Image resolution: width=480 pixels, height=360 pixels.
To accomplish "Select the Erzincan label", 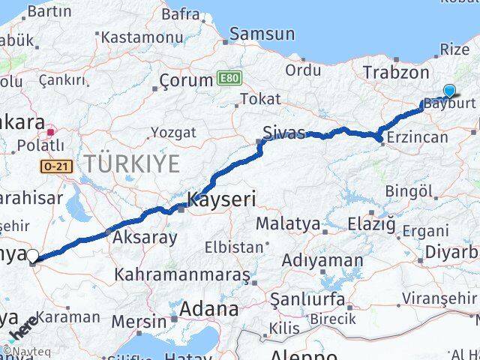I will click(415, 137).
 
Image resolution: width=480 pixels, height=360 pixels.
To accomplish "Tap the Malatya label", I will click(287, 223).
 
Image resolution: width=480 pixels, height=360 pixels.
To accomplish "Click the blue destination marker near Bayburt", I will click(448, 91).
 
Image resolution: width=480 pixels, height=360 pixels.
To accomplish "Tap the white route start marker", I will click(32, 256).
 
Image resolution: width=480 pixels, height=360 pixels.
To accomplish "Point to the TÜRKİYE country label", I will click(131, 162).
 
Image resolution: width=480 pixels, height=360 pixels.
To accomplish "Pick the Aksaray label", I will click(145, 238).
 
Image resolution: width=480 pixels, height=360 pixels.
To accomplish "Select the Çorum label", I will click(187, 80).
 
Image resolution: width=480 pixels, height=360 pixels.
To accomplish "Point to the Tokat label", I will click(260, 99).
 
